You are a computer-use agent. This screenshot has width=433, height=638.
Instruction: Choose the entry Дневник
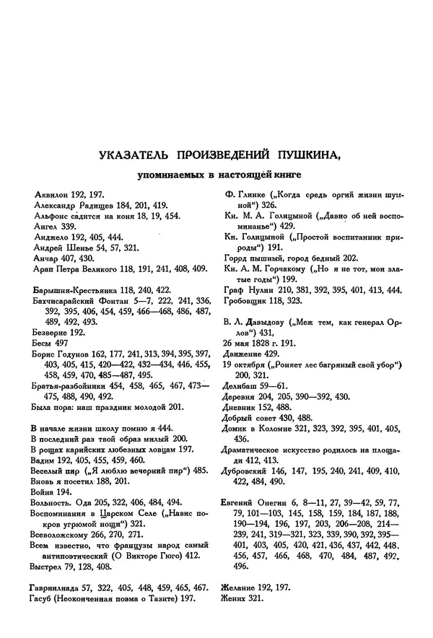(x=244, y=409)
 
